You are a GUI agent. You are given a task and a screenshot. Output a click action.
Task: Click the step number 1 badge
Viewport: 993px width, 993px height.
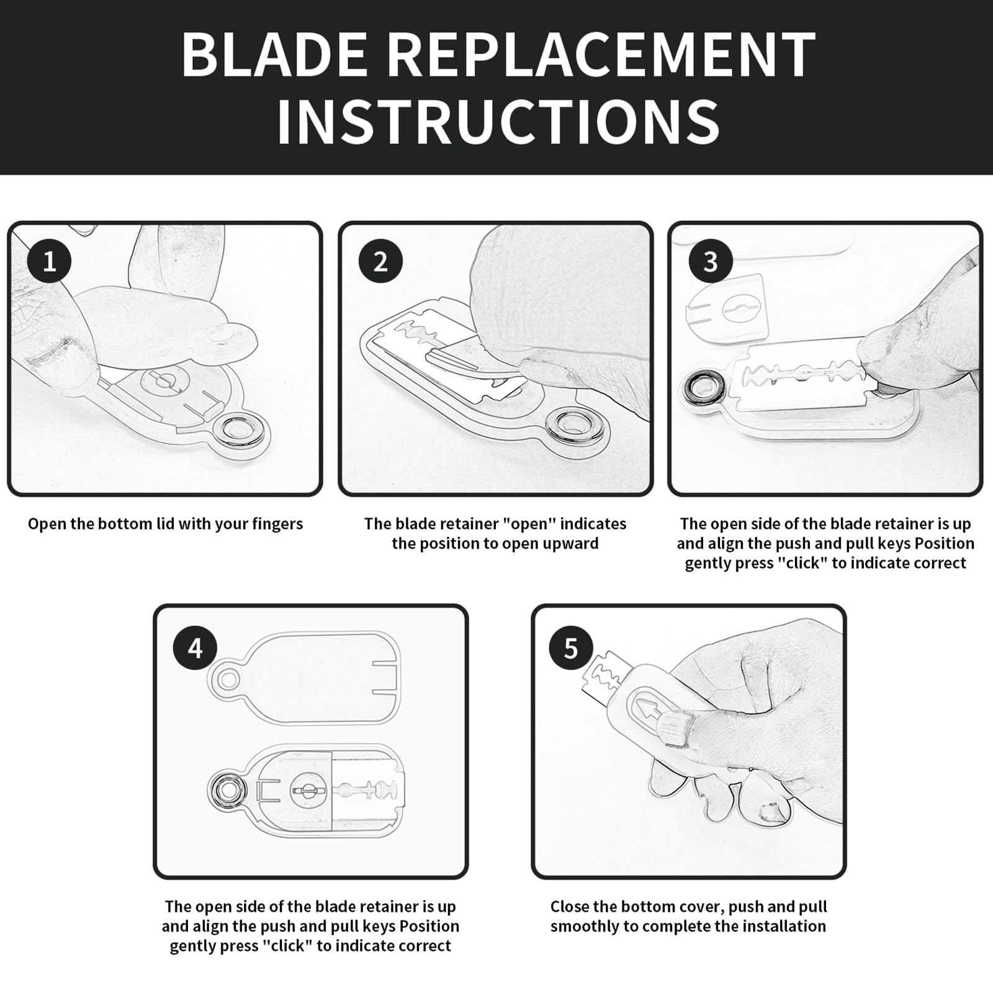[x=49, y=261]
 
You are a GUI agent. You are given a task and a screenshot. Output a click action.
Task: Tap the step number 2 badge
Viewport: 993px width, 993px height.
[x=380, y=261]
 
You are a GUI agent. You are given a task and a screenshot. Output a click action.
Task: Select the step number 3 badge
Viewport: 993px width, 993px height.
[x=711, y=261]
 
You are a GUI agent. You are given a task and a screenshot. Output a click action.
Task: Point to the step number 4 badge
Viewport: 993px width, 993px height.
[x=195, y=649]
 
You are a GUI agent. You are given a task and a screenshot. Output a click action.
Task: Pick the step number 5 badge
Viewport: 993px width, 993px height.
[x=571, y=649]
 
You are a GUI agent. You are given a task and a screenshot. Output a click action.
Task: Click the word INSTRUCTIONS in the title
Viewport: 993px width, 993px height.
[x=498, y=121]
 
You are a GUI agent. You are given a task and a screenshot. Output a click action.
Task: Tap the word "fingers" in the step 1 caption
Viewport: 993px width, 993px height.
[x=277, y=524]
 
